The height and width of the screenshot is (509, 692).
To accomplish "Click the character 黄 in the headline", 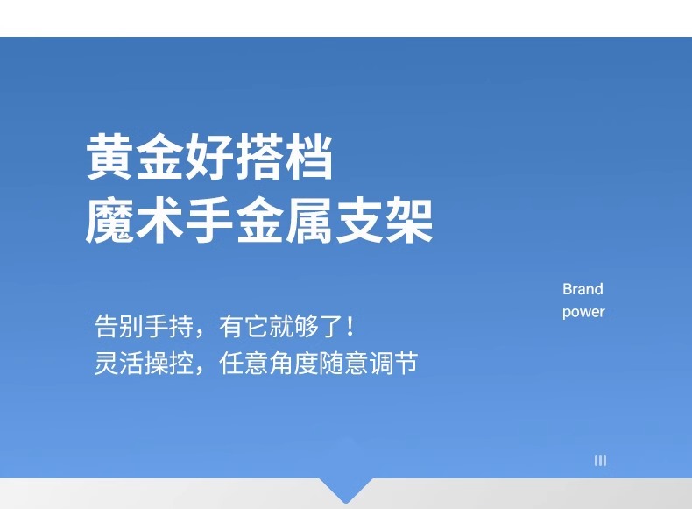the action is (109, 157).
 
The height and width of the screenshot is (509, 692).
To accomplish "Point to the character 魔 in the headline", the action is (109, 220).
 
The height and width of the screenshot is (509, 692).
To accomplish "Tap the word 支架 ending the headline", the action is (385, 220).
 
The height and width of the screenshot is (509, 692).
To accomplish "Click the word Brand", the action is (583, 289).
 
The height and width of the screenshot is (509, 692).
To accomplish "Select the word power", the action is (583, 312).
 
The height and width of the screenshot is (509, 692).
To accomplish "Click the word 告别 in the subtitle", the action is (119, 326).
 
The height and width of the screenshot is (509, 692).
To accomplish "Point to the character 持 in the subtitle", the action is (181, 326).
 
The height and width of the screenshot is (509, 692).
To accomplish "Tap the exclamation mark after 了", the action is (350, 326).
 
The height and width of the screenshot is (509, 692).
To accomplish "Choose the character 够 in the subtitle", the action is (307, 326).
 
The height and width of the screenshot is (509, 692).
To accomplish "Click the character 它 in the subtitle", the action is (257, 326).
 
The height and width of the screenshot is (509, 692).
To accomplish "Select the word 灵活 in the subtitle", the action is (119, 363).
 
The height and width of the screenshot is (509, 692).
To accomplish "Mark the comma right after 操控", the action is (201, 370).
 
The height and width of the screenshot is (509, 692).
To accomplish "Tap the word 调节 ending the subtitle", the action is (394, 363).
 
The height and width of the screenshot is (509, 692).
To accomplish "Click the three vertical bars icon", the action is (600, 461).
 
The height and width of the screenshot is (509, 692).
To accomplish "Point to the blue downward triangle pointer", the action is (346, 488).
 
